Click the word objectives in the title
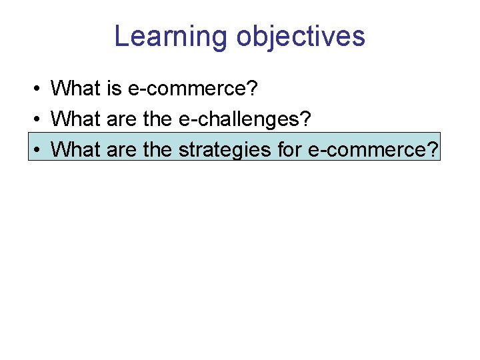pos(301,36)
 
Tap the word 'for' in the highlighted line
pos(290,149)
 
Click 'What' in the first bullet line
pos(75,87)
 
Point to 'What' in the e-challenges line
pos(75,118)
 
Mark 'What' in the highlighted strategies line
pos(75,149)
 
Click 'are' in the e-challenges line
pos(121,119)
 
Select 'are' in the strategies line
pos(121,150)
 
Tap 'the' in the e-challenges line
pos(157,118)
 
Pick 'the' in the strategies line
pos(157,149)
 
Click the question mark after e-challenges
pos(306,118)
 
